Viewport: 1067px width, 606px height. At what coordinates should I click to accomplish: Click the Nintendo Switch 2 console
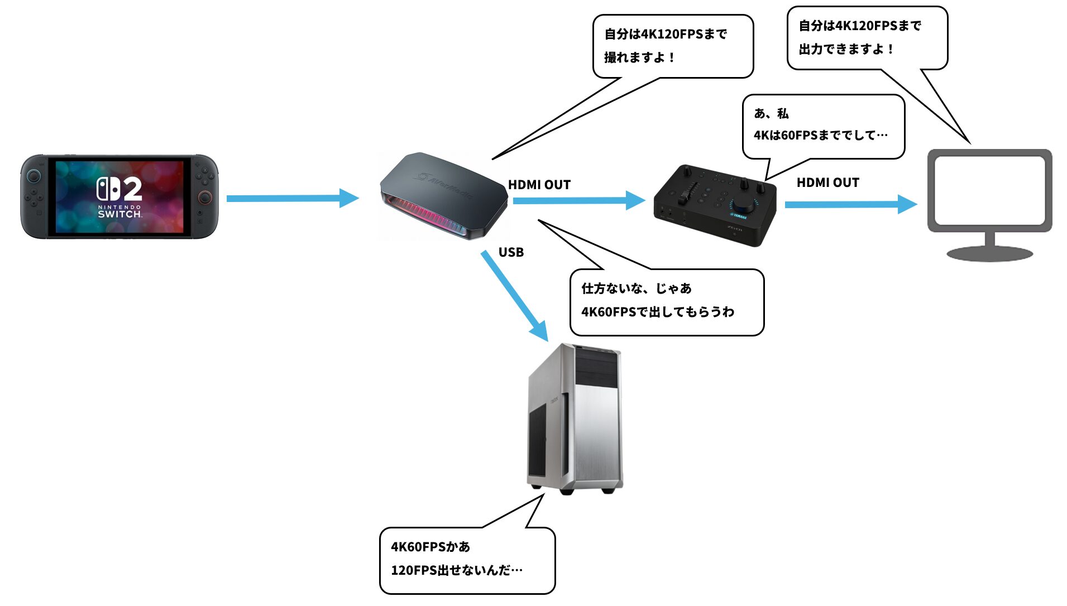[119, 196]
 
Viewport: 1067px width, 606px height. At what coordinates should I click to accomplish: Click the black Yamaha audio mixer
[715, 205]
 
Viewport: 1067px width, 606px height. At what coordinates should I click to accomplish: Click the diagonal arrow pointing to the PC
[514, 295]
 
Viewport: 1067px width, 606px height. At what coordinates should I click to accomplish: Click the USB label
[511, 252]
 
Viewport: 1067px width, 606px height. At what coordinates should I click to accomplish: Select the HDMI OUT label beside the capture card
[539, 185]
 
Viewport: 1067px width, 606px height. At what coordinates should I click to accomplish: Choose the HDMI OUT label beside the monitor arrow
[827, 182]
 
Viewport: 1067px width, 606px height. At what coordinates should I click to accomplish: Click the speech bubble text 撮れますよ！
[640, 57]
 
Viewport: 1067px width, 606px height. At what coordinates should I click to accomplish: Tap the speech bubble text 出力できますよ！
[846, 49]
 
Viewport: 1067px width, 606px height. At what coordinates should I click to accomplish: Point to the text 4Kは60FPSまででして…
[820, 135]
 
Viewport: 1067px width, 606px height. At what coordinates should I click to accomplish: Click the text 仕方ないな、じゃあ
[637, 288]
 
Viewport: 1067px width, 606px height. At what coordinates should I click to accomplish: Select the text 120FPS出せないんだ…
[457, 570]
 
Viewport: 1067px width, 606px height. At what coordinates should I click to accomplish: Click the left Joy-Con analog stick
[35, 176]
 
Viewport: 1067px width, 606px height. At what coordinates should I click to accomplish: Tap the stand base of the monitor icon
[989, 254]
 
